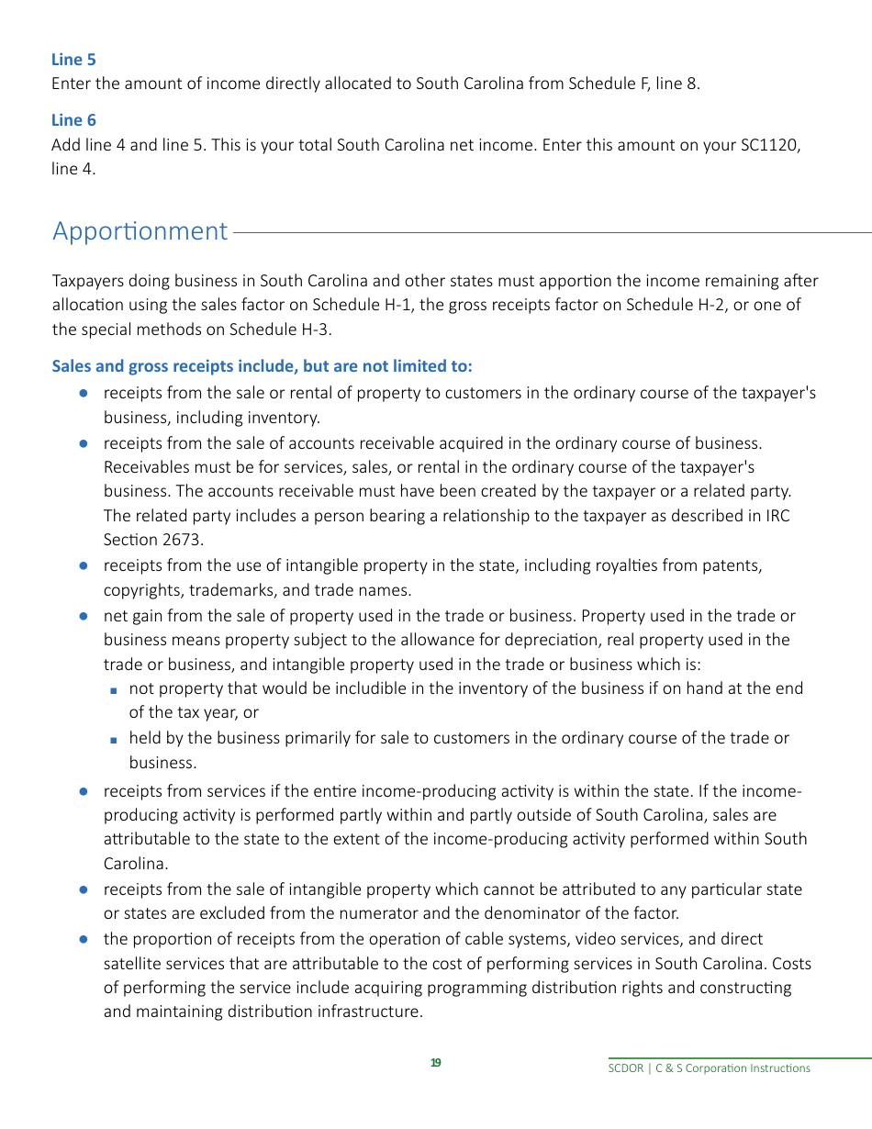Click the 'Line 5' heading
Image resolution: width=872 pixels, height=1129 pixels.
[x=73, y=60]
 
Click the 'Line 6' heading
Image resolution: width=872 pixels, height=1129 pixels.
[x=73, y=120]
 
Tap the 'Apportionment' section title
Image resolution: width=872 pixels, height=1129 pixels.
[x=140, y=231]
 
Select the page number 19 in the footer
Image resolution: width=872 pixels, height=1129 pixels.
[x=436, y=1063]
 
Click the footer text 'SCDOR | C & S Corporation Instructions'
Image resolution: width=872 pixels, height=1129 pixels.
[x=710, y=1068]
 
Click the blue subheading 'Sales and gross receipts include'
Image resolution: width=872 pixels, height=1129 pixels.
[x=262, y=366]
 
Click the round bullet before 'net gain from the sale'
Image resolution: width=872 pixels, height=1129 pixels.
[x=83, y=616]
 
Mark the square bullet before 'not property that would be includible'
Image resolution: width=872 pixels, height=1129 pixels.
[x=113, y=689]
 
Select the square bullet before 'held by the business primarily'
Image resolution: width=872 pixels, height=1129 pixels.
[x=113, y=739]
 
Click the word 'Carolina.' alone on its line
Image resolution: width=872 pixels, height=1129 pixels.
[x=136, y=863]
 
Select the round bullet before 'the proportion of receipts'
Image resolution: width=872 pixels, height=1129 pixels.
[x=83, y=939]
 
